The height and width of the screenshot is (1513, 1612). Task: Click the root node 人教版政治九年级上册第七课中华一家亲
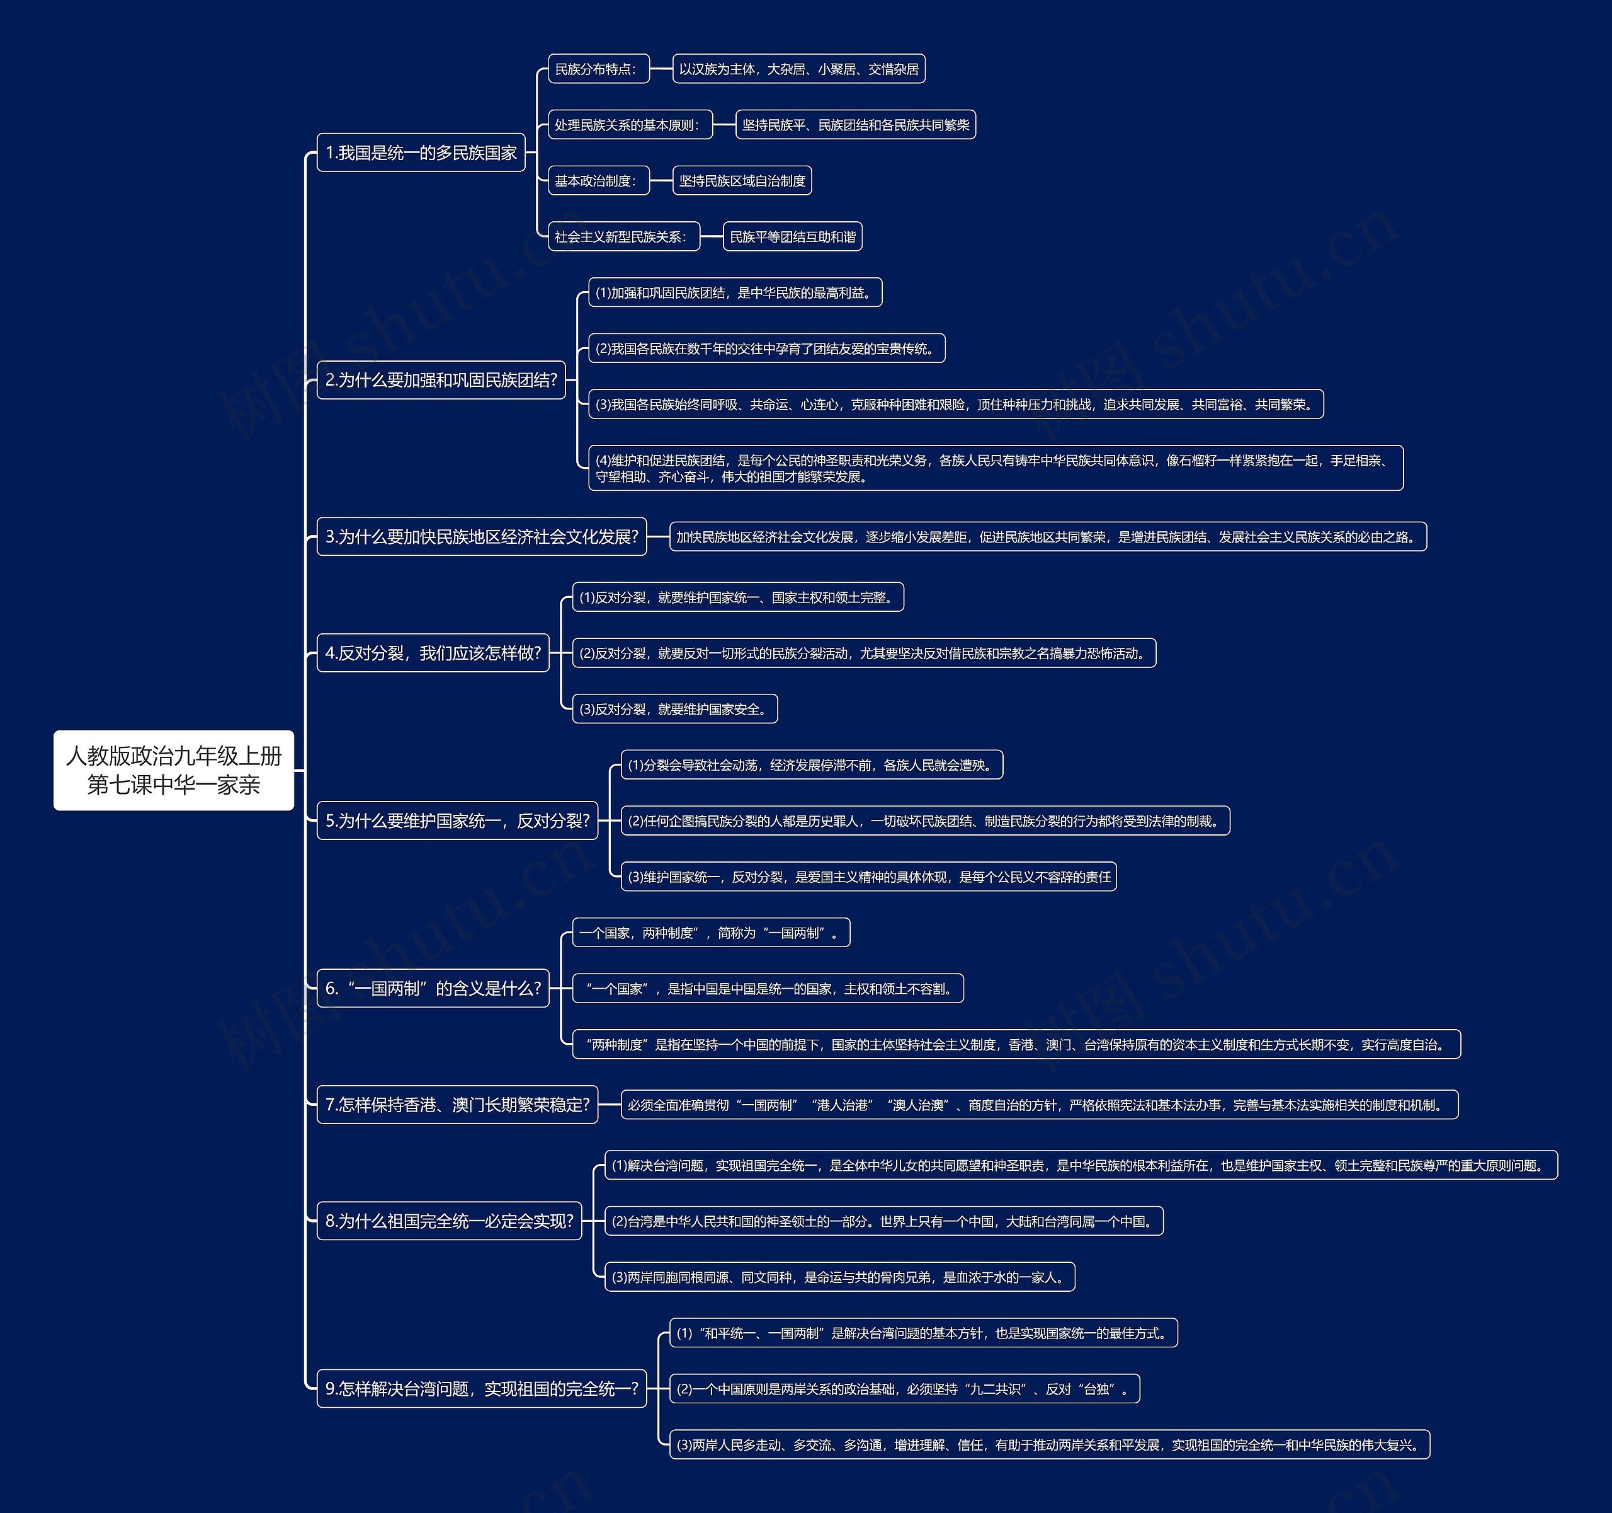click(x=174, y=770)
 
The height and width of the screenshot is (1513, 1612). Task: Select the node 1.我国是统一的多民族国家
click(x=421, y=152)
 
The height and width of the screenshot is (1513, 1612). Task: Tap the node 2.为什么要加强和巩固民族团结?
click(x=441, y=380)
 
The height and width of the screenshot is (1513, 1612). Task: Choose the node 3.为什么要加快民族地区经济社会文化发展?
click(x=482, y=536)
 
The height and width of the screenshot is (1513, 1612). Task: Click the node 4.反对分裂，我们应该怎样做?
click(x=433, y=653)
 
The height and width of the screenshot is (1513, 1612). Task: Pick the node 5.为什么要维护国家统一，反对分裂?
click(x=457, y=821)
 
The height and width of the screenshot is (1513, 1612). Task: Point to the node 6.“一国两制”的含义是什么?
click(x=433, y=988)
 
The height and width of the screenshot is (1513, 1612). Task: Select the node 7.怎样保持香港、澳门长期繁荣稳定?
click(x=457, y=1105)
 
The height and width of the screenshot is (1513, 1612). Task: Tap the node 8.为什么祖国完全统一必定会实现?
click(x=449, y=1221)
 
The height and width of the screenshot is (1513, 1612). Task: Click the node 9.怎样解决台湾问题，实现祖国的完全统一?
click(x=482, y=1389)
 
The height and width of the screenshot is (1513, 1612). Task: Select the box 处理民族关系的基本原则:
click(x=630, y=125)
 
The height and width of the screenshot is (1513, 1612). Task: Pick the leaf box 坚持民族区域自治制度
click(x=742, y=181)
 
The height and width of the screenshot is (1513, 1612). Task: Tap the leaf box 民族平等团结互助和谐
click(x=792, y=237)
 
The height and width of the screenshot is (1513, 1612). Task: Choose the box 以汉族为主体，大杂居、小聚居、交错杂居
click(x=798, y=69)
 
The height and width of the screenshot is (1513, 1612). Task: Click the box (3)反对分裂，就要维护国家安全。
click(x=674, y=709)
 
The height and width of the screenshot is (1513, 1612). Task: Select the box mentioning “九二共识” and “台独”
click(x=904, y=1389)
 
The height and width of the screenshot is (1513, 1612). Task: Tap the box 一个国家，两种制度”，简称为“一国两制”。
click(x=711, y=933)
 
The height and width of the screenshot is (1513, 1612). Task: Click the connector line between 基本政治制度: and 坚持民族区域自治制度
click(x=661, y=181)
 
